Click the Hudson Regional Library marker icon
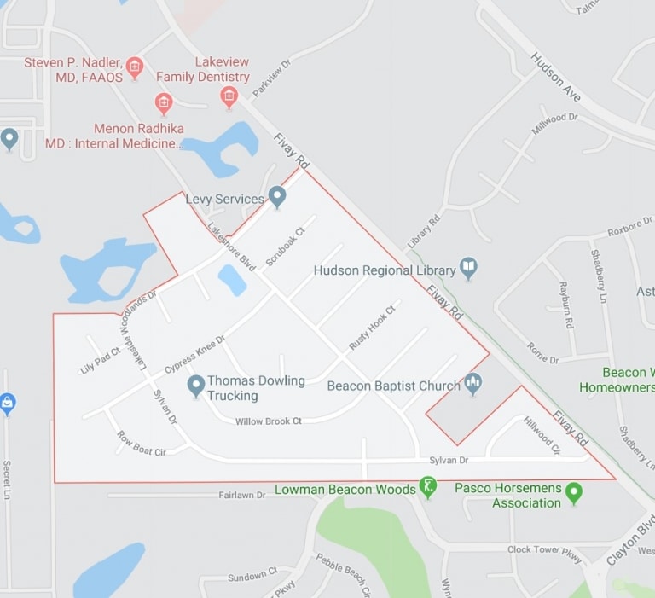coord(468,269)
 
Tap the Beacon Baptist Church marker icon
coord(473,384)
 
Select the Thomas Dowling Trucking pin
coord(196,386)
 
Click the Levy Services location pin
coord(277,197)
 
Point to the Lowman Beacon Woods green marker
coord(428,488)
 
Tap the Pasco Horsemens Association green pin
coord(574,492)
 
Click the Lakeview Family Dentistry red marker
coord(229,96)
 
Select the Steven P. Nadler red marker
coord(134,66)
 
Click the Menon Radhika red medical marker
coord(164,104)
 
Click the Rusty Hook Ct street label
coord(373,328)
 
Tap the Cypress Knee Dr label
coord(194,354)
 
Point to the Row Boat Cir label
coord(141,444)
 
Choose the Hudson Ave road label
coord(555,77)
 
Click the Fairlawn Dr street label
coord(242,495)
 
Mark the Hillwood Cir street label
coord(542,435)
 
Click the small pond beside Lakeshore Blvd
coord(232,280)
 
